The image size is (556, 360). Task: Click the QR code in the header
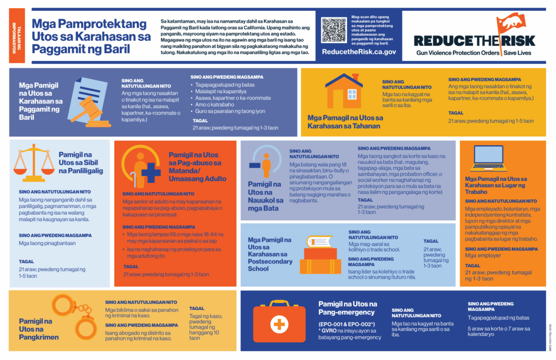(x=334, y=30)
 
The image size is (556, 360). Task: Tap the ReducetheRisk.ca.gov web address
(x=359, y=52)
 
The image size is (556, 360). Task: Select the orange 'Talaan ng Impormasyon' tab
(x=16, y=36)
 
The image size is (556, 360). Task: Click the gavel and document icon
(x=89, y=102)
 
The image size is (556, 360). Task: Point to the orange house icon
(x=344, y=91)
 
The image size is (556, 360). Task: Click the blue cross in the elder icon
(x=151, y=173)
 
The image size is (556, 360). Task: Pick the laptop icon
(x=489, y=158)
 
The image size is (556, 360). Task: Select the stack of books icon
(x=319, y=255)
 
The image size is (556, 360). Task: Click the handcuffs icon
(x=75, y=316)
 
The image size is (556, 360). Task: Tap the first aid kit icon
(x=279, y=321)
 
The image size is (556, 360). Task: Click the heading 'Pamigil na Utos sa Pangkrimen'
(x=39, y=329)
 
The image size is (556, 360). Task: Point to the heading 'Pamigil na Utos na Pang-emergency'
(x=347, y=308)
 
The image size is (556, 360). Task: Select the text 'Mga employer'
(x=483, y=255)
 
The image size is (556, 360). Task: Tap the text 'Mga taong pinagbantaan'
(x=47, y=243)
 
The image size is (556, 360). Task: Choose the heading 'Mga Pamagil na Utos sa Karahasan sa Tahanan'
(x=345, y=122)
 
